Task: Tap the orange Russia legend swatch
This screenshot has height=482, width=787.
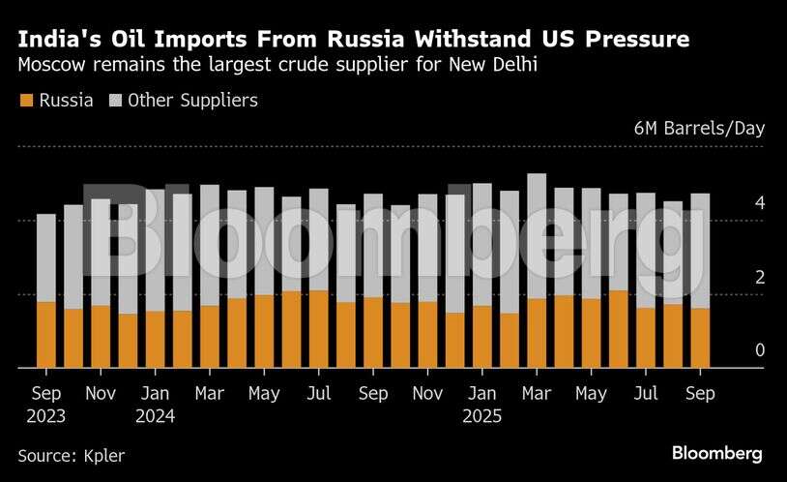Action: click(x=25, y=100)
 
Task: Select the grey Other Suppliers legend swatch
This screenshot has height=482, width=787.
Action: click(x=116, y=100)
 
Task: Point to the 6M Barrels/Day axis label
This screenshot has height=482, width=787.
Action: click(x=699, y=129)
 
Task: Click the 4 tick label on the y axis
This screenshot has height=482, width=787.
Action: click(x=760, y=203)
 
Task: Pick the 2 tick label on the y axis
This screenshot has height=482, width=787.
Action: click(x=760, y=278)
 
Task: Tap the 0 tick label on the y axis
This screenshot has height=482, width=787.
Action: click(x=760, y=350)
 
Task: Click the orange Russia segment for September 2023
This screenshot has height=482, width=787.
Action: click(x=46, y=335)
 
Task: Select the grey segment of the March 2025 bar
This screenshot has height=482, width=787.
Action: click(x=537, y=236)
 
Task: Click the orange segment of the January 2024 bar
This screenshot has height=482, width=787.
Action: click(x=155, y=339)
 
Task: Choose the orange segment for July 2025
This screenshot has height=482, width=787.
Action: click(x=646, y=338)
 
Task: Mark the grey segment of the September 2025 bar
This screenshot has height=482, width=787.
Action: click(x=700, y=251)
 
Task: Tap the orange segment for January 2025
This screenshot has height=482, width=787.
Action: click(x=482, y=337)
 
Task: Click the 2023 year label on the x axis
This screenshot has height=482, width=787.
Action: click(x=46, y=417)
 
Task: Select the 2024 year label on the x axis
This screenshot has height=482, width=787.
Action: click(x=155, y=417)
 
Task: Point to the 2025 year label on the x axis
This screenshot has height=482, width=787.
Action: click(x=481, y=417)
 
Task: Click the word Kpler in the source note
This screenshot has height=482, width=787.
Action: click(x=103, y=455)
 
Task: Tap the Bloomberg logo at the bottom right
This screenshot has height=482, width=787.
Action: click(x=716, y=453)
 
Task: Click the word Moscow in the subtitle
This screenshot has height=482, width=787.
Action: click(x=49, y=67)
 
